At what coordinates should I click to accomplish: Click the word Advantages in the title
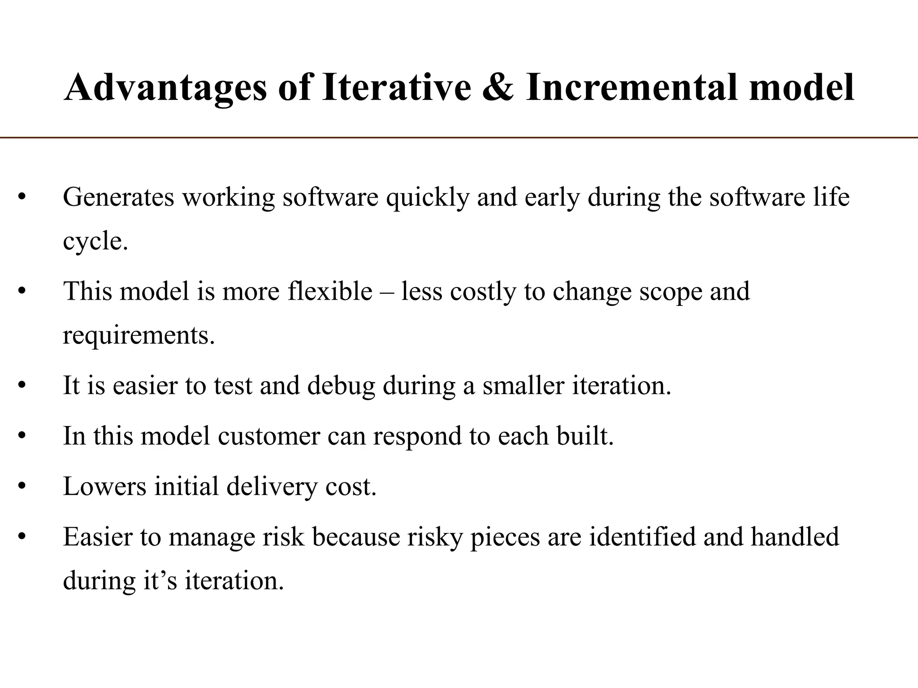point(166,87)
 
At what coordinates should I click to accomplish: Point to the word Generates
point(118,197)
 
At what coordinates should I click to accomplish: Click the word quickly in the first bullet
point(428,197)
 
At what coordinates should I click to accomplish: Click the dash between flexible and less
point(387,292)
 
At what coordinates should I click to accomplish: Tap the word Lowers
point(104,486)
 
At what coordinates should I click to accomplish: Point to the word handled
point(795,537)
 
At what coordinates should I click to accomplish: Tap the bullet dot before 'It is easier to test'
point(22,387)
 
